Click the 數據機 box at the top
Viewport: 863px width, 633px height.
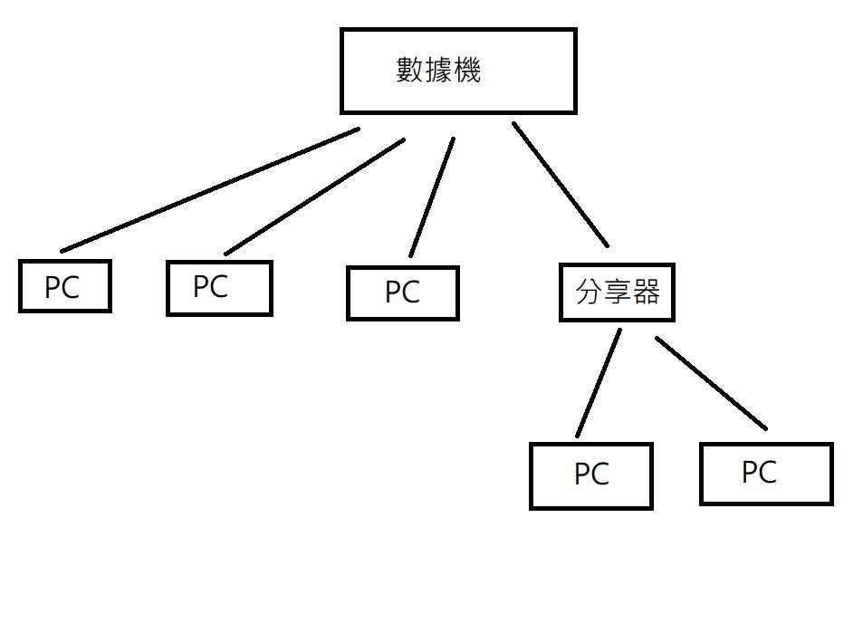[x=458, y=71]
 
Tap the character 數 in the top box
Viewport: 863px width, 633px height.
[x=409, y=70]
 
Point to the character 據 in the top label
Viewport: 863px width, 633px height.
[x=438, y=70]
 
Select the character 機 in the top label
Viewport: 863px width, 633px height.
[x=466, y=70]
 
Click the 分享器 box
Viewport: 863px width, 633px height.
[x=617, y=293]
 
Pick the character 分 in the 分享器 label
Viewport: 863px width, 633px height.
[x=589, y=292]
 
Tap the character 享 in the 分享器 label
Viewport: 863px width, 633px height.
[x=618, y=292]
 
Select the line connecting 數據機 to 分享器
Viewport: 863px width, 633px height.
[x=560, y=184]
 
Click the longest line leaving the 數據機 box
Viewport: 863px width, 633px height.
[x=210, y=189]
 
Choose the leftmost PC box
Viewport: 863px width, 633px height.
[x=65, y=286]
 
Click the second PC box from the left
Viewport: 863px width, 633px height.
[x=219, y=288]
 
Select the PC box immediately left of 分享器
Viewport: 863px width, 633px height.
[x=403, y=293]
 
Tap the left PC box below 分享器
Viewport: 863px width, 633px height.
[x=591, y=475]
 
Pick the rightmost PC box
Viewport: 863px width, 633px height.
[x=766, y=473]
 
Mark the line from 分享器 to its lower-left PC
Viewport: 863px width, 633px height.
[x=599, y=382]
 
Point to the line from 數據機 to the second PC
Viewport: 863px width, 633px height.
[x=314, y=197]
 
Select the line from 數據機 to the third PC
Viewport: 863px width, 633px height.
[x=432, y=197]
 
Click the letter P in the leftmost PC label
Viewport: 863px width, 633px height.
[x=53, y=288]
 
